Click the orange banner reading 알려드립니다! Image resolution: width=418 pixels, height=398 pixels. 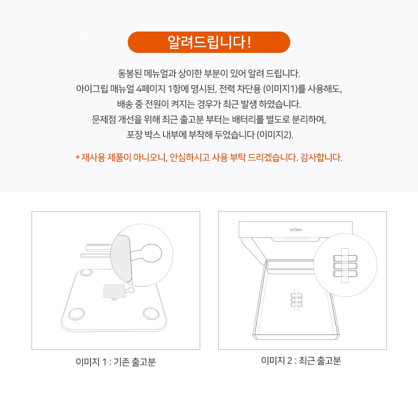click(x=209, y=42)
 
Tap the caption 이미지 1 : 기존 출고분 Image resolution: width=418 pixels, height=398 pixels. click(x=115, y=362)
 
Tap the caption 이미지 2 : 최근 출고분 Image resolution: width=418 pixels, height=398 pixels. click(x=301, y=361)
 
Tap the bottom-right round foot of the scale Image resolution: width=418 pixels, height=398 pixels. click(x=150, y=313)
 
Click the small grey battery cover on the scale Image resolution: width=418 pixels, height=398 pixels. click(x=113, y=291)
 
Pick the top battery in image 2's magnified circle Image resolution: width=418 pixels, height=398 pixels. click(x=344, y=258)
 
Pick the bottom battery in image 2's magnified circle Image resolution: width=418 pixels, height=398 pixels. click(x=344, y=274)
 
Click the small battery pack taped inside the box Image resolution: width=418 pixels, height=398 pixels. click(x=296, y=300)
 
